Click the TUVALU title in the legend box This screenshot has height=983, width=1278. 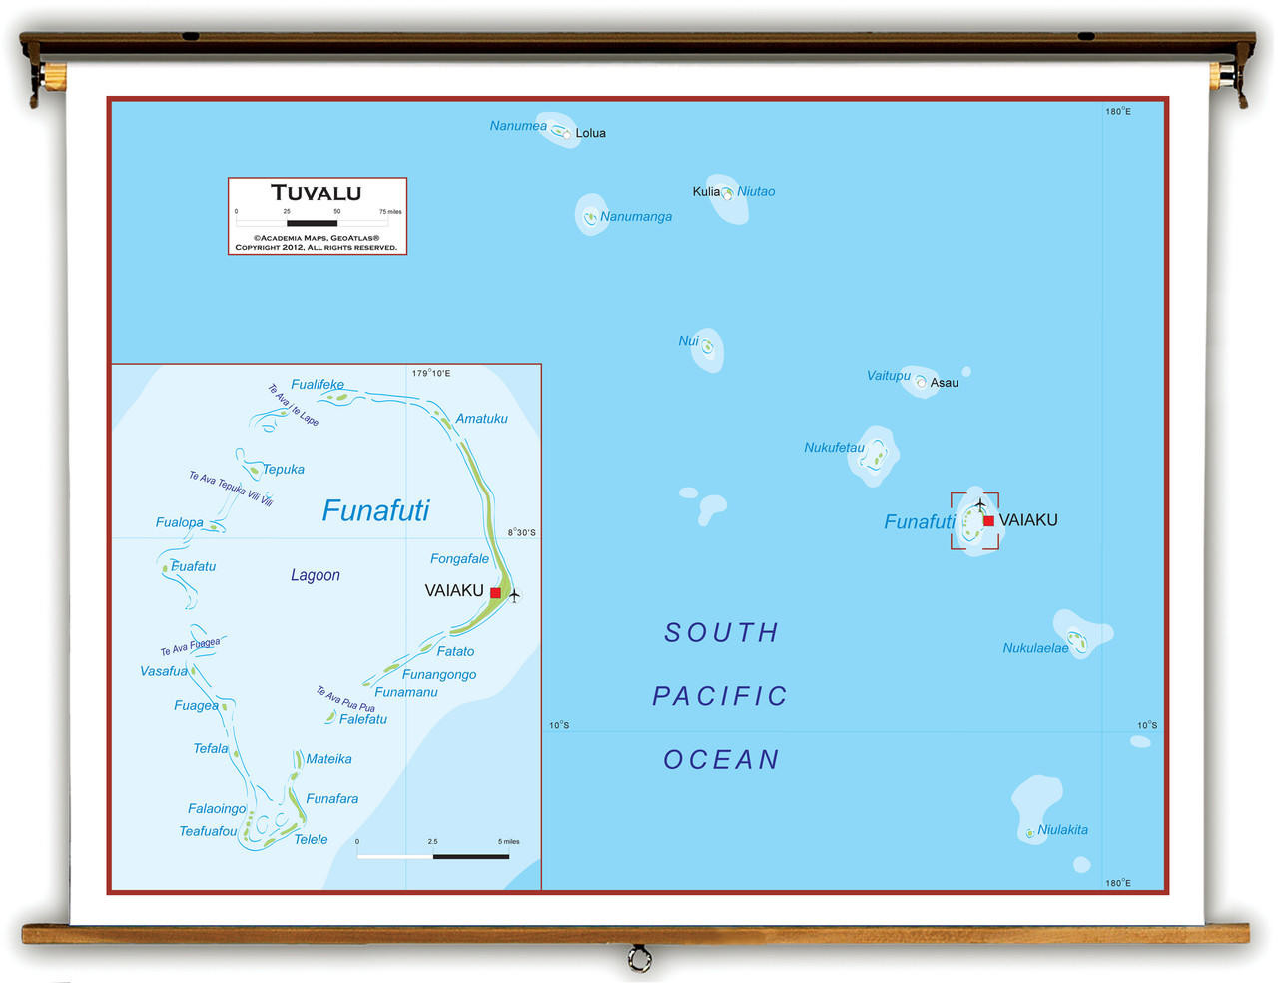click(x=317, y=193)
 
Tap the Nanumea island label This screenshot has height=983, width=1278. click(x=518, y=126)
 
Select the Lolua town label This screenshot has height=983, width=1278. click(x=590, y=133)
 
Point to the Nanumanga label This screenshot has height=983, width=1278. click(x=636, y=217)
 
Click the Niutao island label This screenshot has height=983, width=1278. click(x=756, y=191)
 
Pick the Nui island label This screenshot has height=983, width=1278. click(x=688, y=341)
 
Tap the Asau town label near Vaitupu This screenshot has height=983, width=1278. click(x=944, y=383)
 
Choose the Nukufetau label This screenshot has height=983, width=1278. click(x=834, y=448)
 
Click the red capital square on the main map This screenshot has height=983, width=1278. click(x=988, y=520)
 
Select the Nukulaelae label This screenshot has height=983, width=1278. click(x=1035, y=648)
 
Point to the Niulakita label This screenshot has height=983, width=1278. click(x=1062, y=830)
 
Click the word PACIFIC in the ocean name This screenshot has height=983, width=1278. click(x=720, y=696)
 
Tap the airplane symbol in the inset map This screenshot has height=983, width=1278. click(x=514, y=596)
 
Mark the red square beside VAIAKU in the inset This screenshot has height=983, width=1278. click(x=495, y=593)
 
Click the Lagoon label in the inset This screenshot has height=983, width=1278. click(x=316, y=575)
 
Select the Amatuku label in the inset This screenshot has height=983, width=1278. click(x=481, y=419)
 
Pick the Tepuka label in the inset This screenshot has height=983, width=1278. click(x=283, y=470)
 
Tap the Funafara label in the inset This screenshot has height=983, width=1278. click(x=331, y=799)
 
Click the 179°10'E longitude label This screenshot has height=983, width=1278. click(x=431, y=374)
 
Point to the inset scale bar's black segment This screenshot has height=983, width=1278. click(x=471, y=856)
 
